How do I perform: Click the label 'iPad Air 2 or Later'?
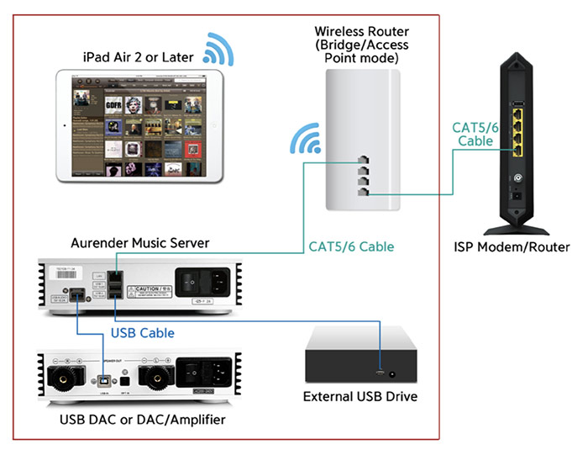click(x=138, y=57)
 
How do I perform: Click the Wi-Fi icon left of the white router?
click(x=303, y=139)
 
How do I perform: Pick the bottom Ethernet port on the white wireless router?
click(x=361, y=194)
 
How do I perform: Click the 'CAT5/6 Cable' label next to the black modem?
click(x=475, y=134)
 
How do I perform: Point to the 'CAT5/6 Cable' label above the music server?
click(x=352, y=247)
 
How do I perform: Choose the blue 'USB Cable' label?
click(x=143, y=333)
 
